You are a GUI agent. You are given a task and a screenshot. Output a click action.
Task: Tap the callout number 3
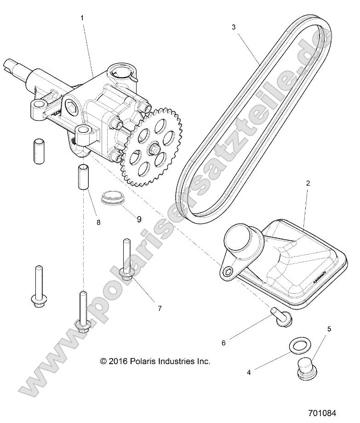234,27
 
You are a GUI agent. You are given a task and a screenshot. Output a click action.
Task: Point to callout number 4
249,372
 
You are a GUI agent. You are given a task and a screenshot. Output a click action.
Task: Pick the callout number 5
329,329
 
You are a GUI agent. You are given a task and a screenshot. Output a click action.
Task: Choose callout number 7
160,308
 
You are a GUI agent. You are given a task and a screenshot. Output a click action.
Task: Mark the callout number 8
98,223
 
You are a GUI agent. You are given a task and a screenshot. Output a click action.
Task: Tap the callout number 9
139,219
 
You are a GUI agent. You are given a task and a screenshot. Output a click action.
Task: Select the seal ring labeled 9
111,200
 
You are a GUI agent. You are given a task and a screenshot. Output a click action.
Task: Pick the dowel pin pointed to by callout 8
83,177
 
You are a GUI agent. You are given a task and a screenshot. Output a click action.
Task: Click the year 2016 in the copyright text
119,361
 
